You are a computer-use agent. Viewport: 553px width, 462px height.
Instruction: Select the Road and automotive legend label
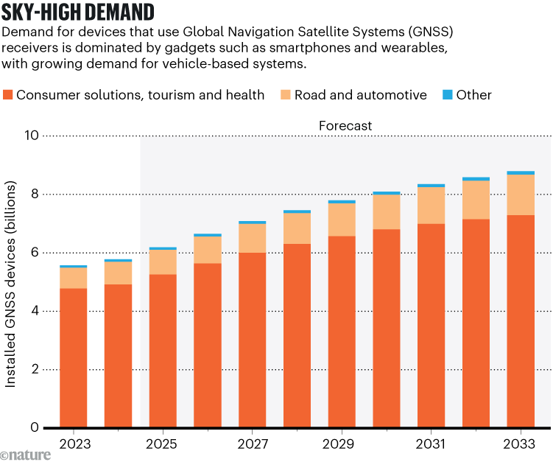pyautogui.click(x=360, y=94)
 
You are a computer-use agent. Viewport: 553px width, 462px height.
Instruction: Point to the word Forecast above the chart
pyautogui.click(x=345, y=126)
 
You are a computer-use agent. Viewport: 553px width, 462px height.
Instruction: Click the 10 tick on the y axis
pyautogui.click(x=32, y=136)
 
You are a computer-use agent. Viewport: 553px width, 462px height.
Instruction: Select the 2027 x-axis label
pyautogui.click(x=253, y=445)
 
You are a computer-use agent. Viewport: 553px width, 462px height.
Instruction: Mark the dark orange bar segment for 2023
pyautogui.click(x=73, y=357)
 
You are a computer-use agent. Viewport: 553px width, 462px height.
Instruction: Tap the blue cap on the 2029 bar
pyautogui.click(x=342, y=201)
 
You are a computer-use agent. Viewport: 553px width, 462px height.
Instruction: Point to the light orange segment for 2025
pyautogui.click(x=163, y=262)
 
